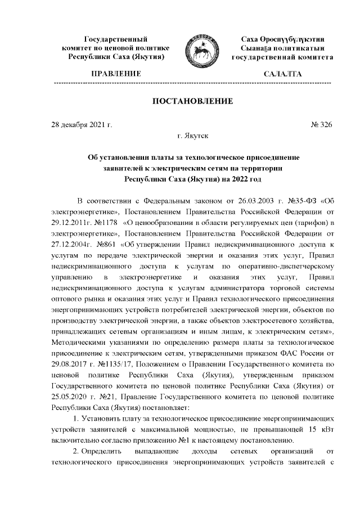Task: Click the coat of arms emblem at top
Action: [198, 49]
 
